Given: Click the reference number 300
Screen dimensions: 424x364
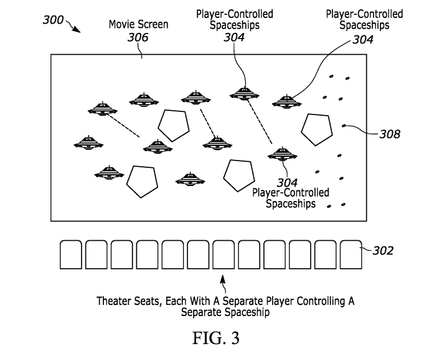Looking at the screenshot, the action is [53, 20].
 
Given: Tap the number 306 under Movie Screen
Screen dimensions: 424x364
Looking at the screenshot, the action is [138, 37].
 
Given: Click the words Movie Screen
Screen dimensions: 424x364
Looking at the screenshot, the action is [138, 24].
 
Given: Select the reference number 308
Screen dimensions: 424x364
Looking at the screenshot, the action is [390, 134].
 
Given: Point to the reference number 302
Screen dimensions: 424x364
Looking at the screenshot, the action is [383, 251].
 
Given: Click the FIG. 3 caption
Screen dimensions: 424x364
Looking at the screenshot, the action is [216, 338].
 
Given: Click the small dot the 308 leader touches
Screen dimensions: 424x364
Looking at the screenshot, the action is [344, 126].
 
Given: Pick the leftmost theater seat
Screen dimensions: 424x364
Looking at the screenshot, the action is [71, 254].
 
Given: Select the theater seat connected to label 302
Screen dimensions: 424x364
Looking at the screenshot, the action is [351, 254].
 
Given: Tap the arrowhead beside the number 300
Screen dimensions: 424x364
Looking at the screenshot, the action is [77, 30].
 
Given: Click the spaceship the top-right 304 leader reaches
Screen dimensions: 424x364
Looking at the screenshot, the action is [286, 102].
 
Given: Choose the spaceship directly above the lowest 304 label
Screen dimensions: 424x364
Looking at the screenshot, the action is [283, 154].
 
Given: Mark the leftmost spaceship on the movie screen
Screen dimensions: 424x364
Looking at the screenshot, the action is [88, 143].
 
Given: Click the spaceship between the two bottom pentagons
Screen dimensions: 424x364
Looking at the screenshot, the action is [190, 179].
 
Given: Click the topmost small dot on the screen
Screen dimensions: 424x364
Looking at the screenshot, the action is [331, 77].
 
